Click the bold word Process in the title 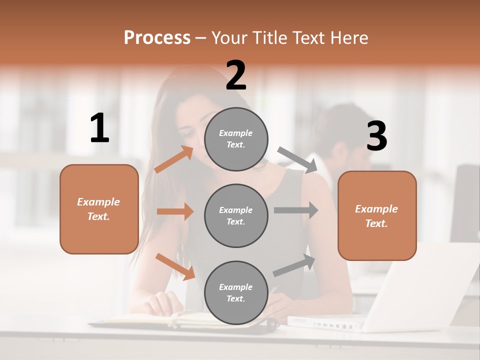tap(157, 37)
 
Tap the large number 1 tap(99, 128)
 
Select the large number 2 tap(236, 75)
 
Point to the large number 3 tap(376, 136)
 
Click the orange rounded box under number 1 tap(99, 209)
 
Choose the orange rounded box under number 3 tap(377, 215)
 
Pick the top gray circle tap(236, 139)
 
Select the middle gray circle tap(236, 215)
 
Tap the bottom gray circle tap(236, 292)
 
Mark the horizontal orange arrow tap(175, 211)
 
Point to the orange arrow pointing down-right tap(175, 266)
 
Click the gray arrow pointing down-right tap(297, 160)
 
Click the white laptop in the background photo tap(400, 300)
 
